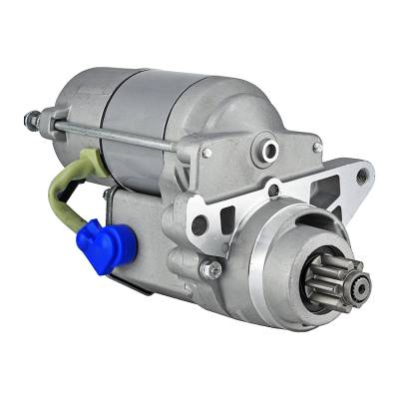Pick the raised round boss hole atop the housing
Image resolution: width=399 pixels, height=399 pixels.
268,150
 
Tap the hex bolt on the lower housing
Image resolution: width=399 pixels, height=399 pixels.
211,268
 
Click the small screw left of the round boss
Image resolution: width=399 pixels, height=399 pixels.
207,153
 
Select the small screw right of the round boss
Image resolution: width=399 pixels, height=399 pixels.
317,147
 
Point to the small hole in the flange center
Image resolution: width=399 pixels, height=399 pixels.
273,190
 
